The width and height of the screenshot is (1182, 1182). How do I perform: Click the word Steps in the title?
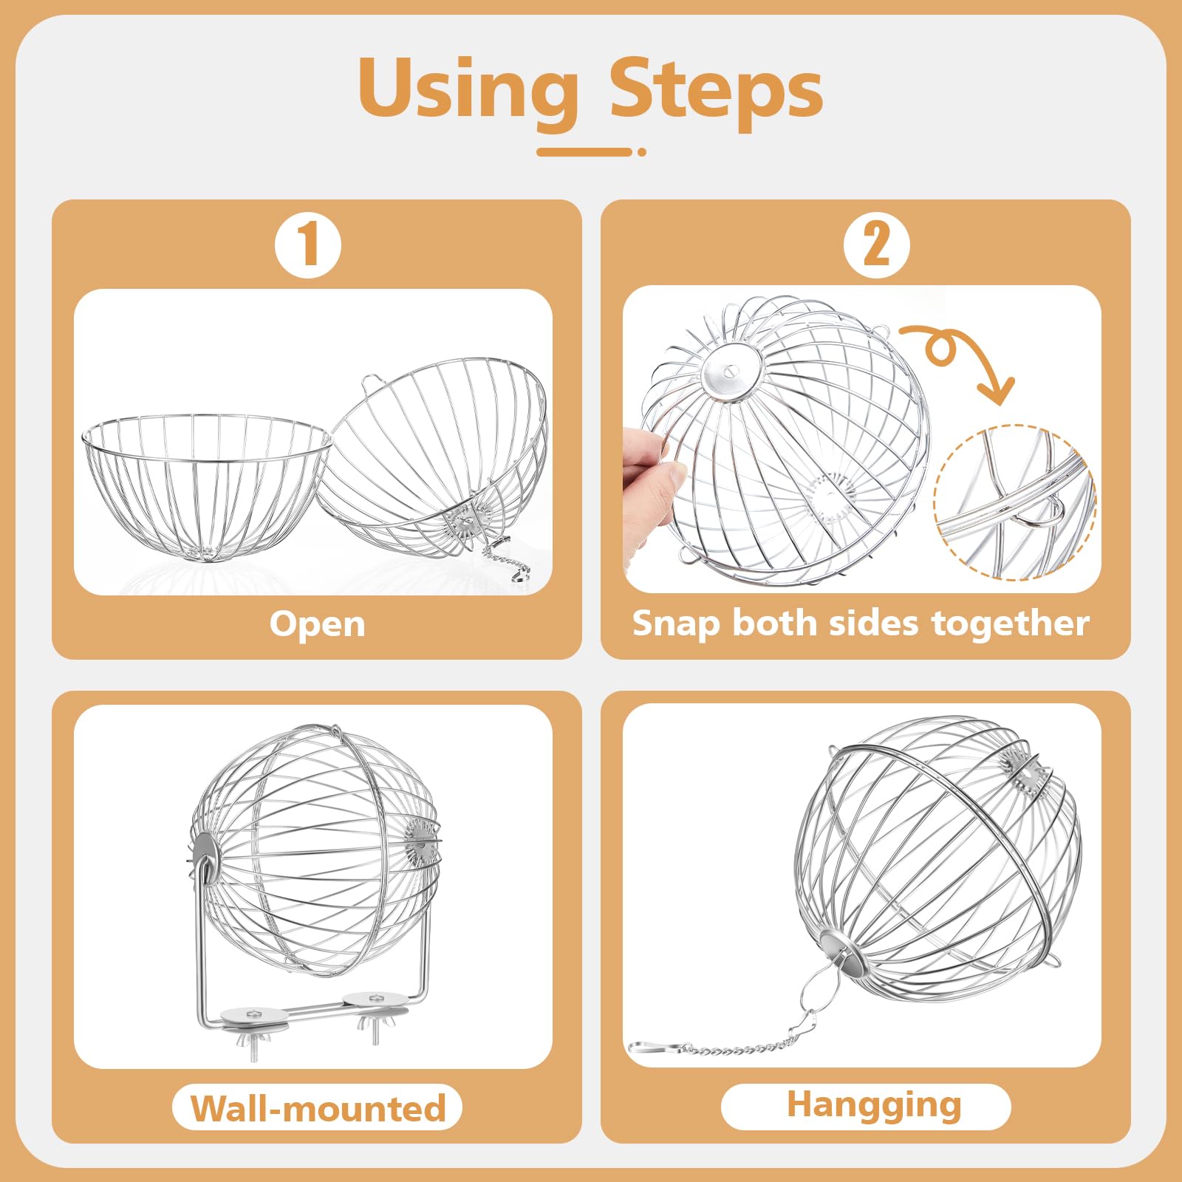[716, 89]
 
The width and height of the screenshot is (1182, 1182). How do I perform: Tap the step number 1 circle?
[308, 245]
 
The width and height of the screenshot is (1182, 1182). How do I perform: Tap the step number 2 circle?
[877, 245]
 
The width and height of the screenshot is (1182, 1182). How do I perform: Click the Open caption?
[318, 625]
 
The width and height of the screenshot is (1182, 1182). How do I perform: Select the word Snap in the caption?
[677, 624]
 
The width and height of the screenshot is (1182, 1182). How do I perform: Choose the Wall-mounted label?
[318, 1108]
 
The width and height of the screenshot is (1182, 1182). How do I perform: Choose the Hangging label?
[866, 1106]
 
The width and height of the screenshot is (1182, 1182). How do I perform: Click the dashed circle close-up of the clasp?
[1016, 502]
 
